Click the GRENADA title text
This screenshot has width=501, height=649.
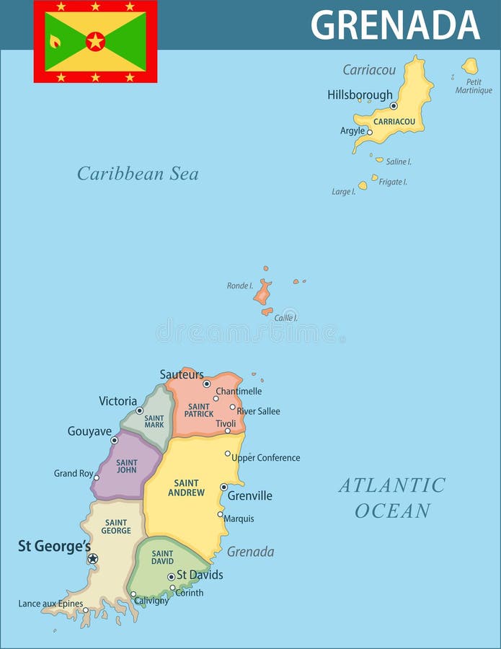395,25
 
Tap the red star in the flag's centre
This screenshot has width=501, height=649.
95,41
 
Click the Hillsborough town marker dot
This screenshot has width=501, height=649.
394,106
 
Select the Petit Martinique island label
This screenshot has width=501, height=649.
474,87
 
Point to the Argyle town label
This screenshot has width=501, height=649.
353,131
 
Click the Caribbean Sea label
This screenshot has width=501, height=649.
138,174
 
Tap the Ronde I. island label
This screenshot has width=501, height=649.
239,286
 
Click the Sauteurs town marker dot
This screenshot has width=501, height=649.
207,384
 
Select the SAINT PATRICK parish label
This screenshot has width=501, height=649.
199,410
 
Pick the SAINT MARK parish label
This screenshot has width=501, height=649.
154,422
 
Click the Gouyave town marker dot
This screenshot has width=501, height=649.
114,440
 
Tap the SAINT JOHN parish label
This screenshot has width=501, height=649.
127,467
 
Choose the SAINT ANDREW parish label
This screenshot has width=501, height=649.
186,487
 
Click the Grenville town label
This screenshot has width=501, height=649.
249,496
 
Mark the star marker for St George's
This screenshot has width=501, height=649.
92,558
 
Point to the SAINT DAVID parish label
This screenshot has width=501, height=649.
162,557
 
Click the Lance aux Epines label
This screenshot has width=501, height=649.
50,604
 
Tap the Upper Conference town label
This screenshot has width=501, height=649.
265,458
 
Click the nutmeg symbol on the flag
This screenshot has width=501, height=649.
55,41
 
